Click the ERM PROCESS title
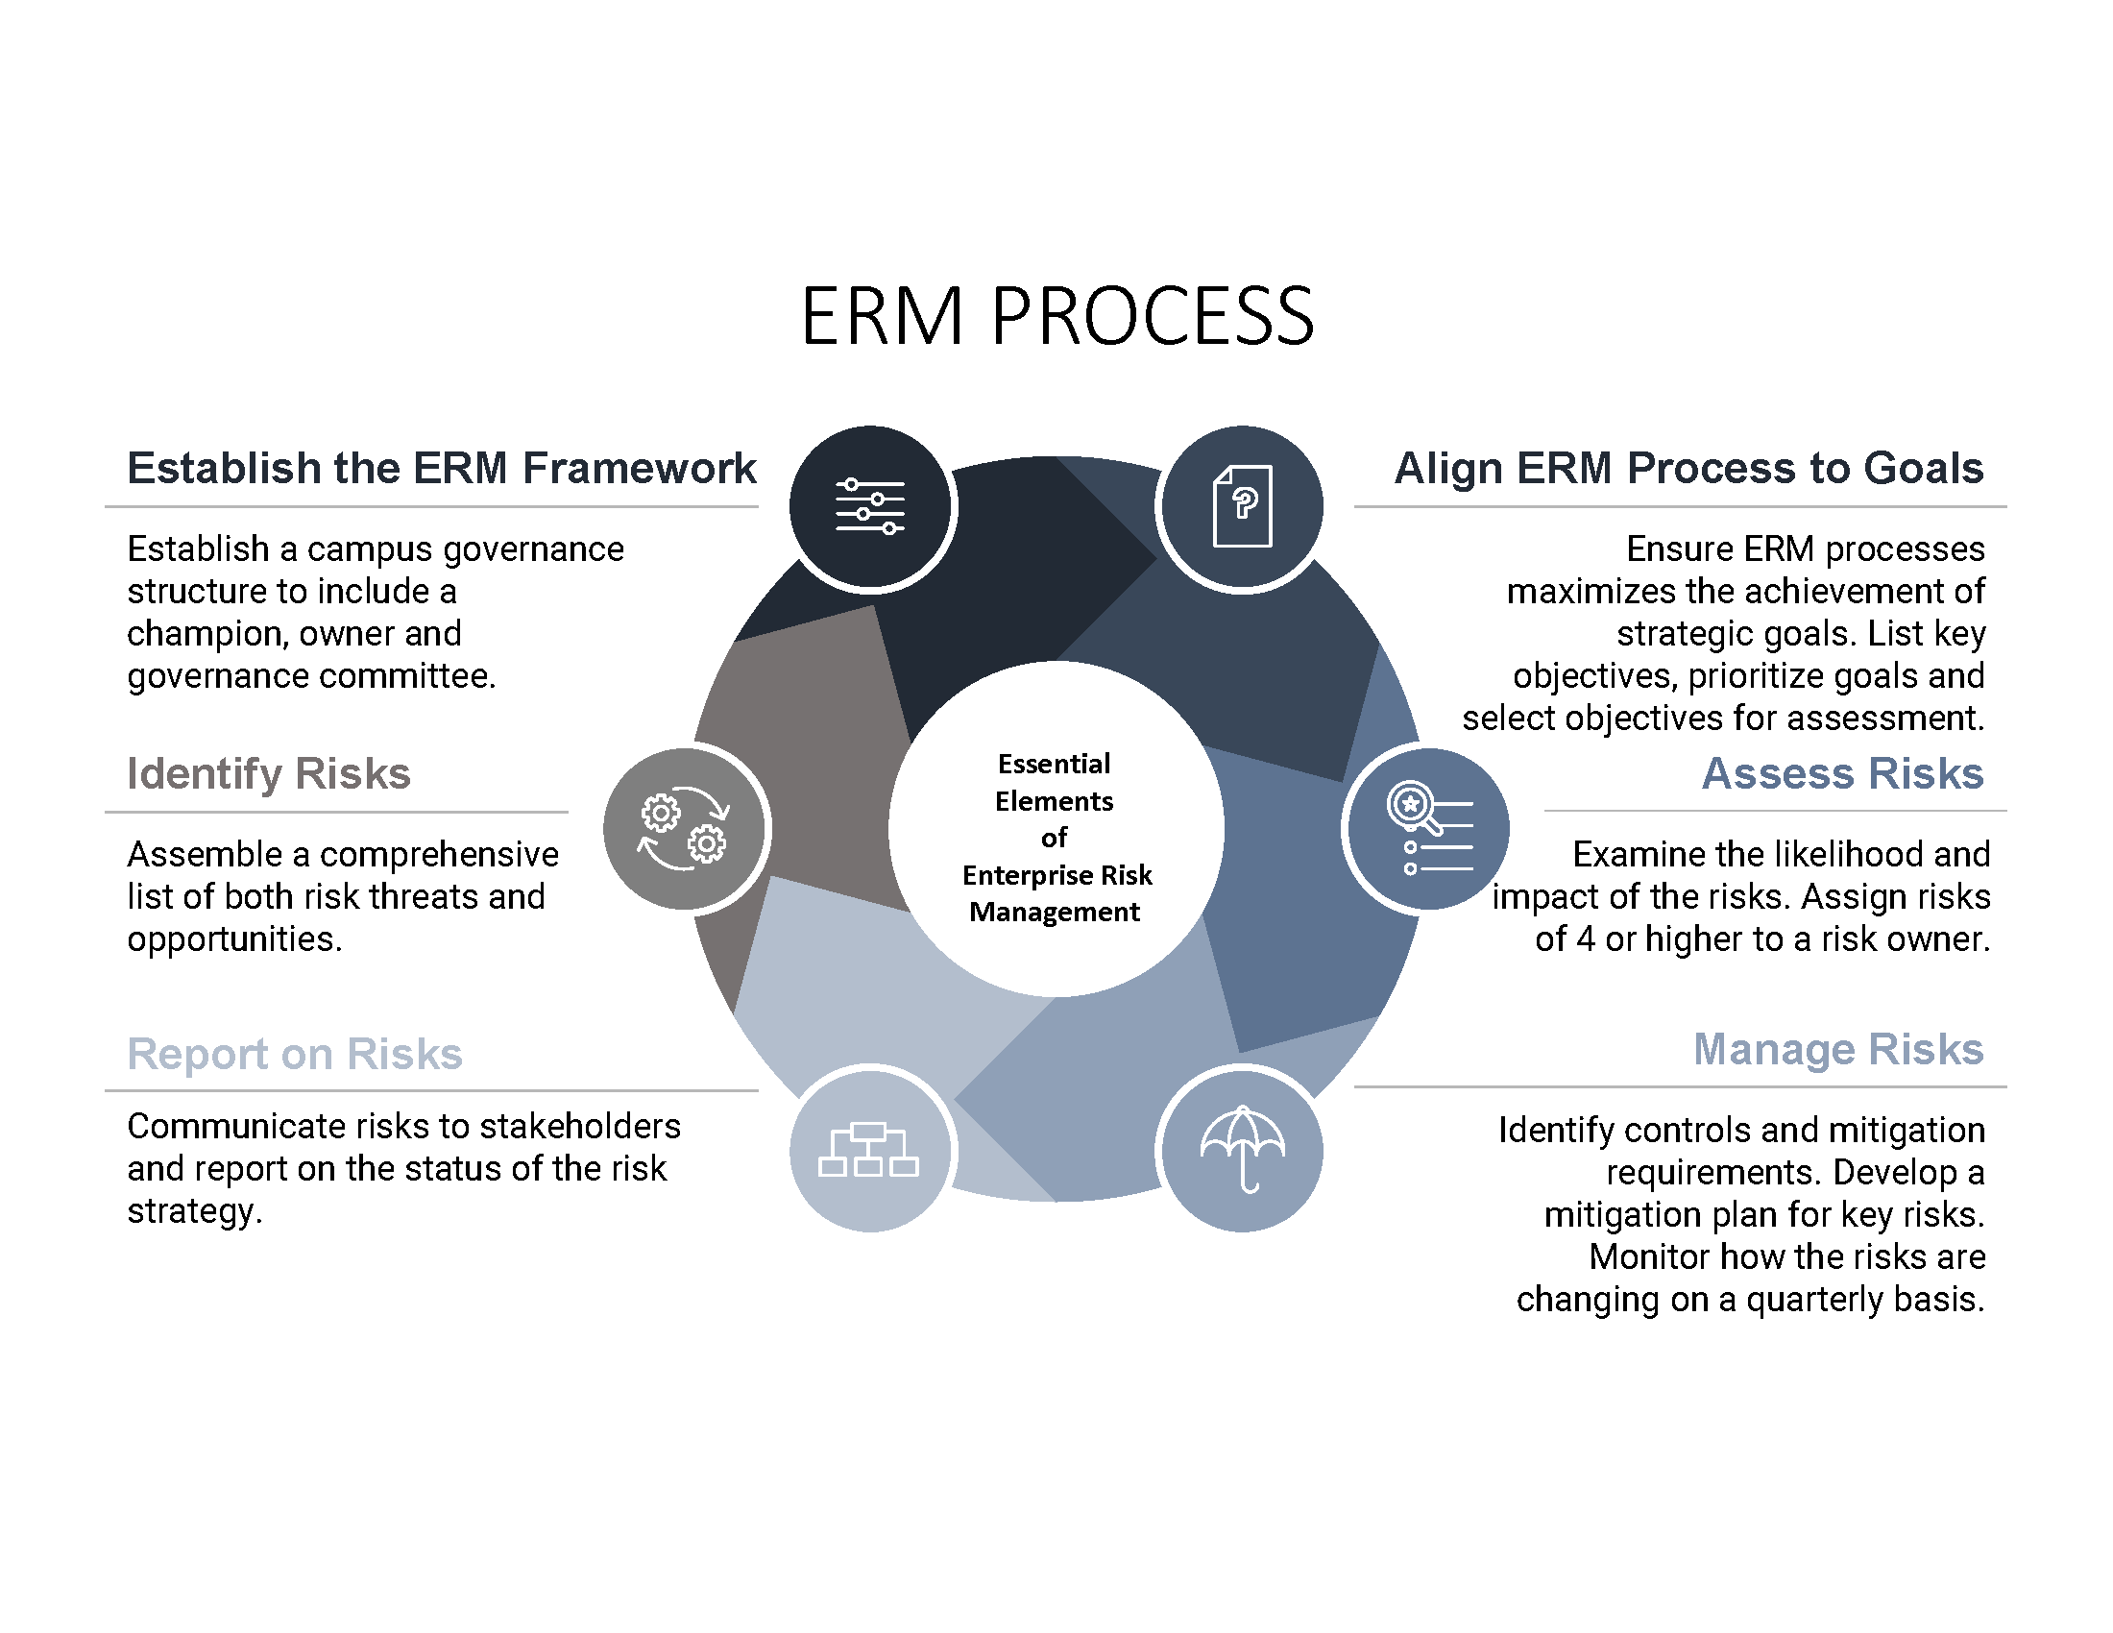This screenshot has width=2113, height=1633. tap(1056, 316)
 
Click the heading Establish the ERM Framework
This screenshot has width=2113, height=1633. tap(441, 468)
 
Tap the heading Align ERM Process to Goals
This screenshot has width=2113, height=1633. tap(1688, 468)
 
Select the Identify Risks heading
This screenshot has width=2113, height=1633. tap(269, 774)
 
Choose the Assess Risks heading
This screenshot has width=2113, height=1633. tap(1842, 774)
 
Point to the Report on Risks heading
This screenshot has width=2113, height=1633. tap(295, 1054)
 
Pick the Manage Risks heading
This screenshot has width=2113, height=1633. tap(1837, 1050)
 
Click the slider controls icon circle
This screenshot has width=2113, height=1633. tap(870, 506)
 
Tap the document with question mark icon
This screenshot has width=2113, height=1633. tap(1242, 506)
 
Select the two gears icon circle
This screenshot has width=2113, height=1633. tap(684, 829)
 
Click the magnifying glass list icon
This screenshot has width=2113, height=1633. tap(1429, 829)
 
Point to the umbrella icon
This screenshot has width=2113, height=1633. tap(1242, 1149)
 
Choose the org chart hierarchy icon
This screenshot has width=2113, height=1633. tap(869, 1149)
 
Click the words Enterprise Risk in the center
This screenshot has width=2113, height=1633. tap(1056, 875)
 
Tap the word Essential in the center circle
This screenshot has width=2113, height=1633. tap(1054, 765)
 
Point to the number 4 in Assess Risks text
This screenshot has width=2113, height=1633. tap(1585, 939)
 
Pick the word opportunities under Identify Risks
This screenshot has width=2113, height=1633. tap(234, 939)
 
